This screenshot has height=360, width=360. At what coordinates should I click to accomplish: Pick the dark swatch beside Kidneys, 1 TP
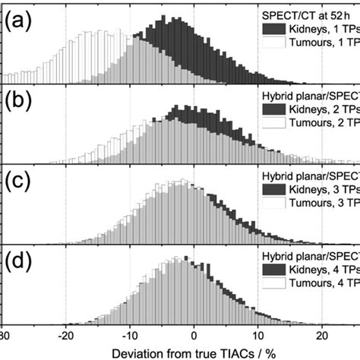click(x=278, y=29)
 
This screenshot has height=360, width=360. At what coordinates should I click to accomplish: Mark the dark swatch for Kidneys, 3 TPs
click(x=278, y=188)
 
